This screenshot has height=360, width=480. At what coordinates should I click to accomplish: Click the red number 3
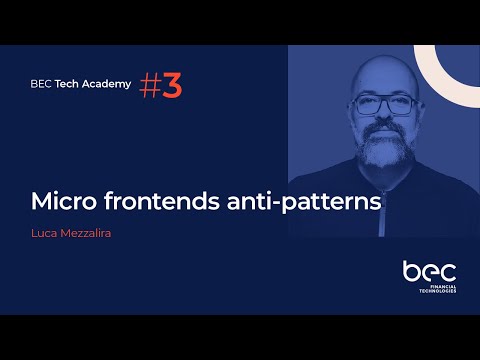[x=172, y=87]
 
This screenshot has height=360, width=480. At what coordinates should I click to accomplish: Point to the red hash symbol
[x=150, y=87]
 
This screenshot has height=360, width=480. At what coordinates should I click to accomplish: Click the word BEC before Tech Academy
[x=42, y=84]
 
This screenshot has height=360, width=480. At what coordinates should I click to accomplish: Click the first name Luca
[x=44, y=236]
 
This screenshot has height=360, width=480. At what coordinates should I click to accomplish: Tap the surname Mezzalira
[x=88, y=236]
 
